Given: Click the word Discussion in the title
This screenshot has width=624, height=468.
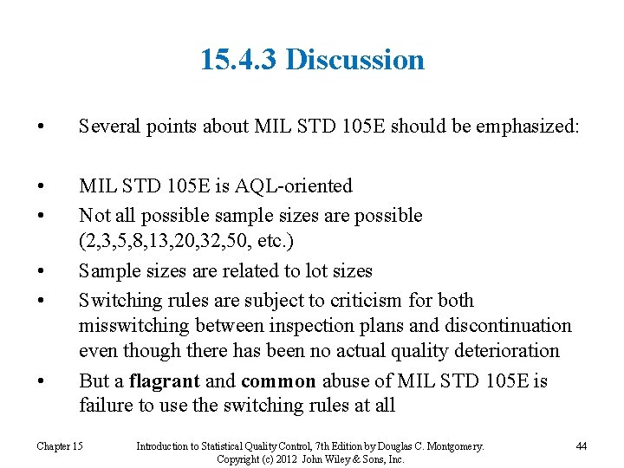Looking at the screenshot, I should pyautogui.click(x=354, y=60).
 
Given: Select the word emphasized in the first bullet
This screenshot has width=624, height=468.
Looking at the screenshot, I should pyautogui.click(x=524, y=127).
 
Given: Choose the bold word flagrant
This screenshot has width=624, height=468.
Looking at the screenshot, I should pyautogui.click(x=165, y=380).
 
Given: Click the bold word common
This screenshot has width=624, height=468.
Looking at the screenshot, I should pyautogui.click(x=279, y=380).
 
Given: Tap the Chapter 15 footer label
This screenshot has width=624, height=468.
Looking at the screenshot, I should pyautogui.click(x=60, y=446).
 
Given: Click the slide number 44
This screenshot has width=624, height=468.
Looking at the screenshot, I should pyautogui.click(x=581, y=446).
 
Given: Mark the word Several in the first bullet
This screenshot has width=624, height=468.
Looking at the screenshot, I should pyautogui.click(x=107, y=127).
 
